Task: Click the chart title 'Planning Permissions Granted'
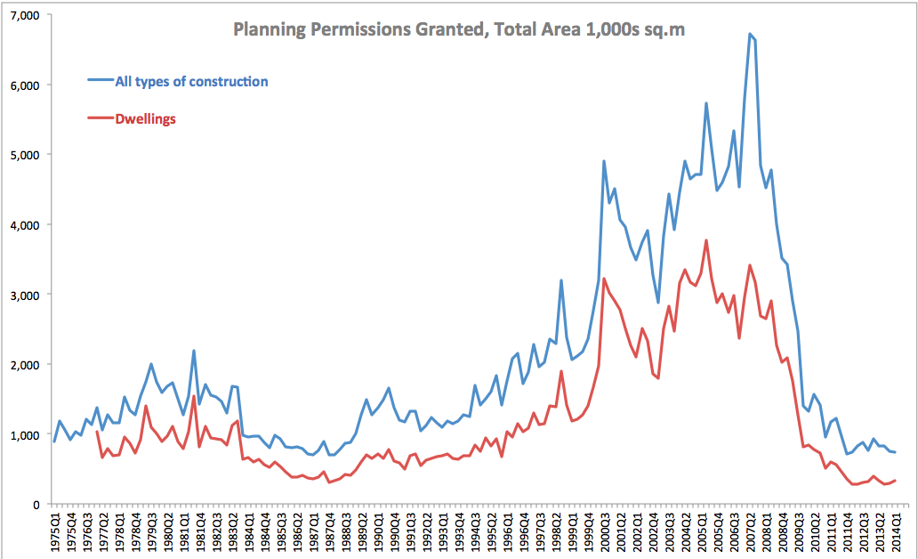458,30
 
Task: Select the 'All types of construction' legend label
191,82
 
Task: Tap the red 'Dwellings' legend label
146,118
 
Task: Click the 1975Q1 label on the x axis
54,531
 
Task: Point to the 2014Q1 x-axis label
897,531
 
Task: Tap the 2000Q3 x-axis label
605,531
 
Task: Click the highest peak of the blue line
750,34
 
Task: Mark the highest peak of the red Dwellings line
706,239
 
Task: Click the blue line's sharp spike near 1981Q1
193,351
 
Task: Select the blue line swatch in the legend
100,82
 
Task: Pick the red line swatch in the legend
100,118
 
